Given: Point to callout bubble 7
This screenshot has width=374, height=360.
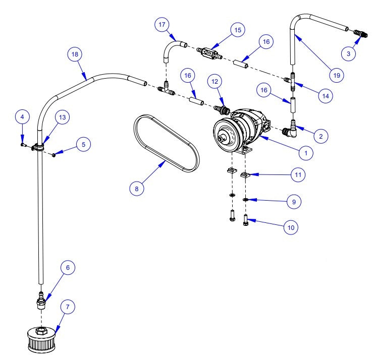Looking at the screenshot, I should [x=68, y=307].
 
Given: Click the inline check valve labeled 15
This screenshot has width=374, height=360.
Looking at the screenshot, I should [x=208, y=52].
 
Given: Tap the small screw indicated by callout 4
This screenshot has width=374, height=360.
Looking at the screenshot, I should [x=23, y=145].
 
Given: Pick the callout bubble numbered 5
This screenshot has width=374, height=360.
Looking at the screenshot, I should [x=83, y=144].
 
